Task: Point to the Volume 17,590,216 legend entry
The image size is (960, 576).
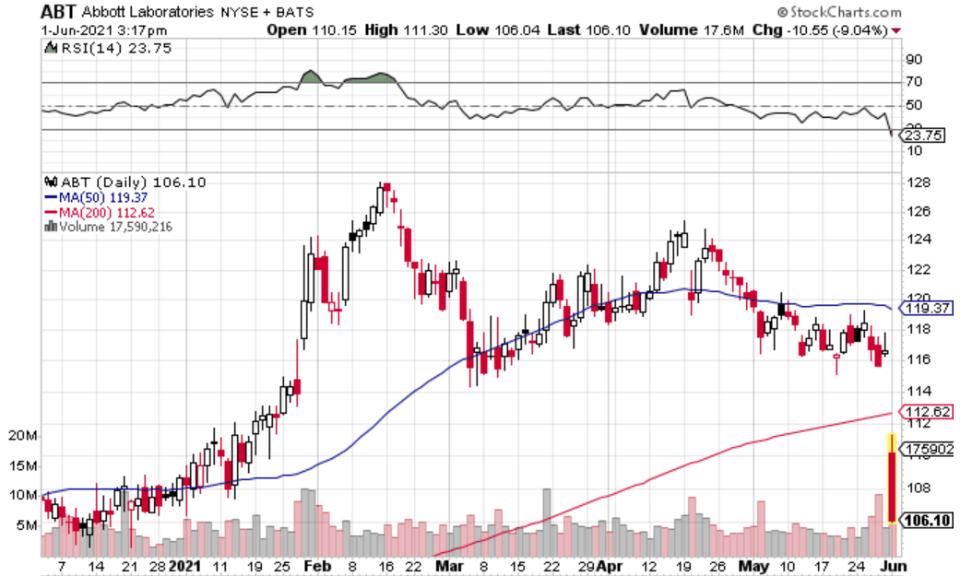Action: point(111,227)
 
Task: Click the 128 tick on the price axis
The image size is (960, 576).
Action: point(917,182)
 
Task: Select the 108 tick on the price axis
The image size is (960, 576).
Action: point(917,482)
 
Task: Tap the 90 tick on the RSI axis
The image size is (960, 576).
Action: point(915,59)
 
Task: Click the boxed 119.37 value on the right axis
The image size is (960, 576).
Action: point(929,308)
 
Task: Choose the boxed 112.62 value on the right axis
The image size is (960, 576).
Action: point(929,411)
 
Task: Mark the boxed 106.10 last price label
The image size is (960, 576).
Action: point(929,520)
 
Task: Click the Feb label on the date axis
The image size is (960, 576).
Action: point(315,565)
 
